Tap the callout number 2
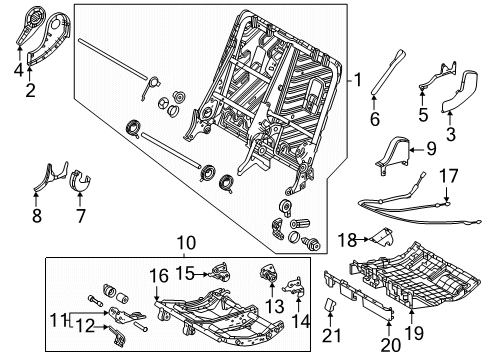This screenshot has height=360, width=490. click(x=30, y=91)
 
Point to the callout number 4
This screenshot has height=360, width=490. click(x=17, y=69)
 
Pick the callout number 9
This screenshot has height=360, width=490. click(x=432, y=150)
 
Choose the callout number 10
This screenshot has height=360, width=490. click(x=182, y=243)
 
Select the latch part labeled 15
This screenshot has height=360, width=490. click(x=220, y=270)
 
